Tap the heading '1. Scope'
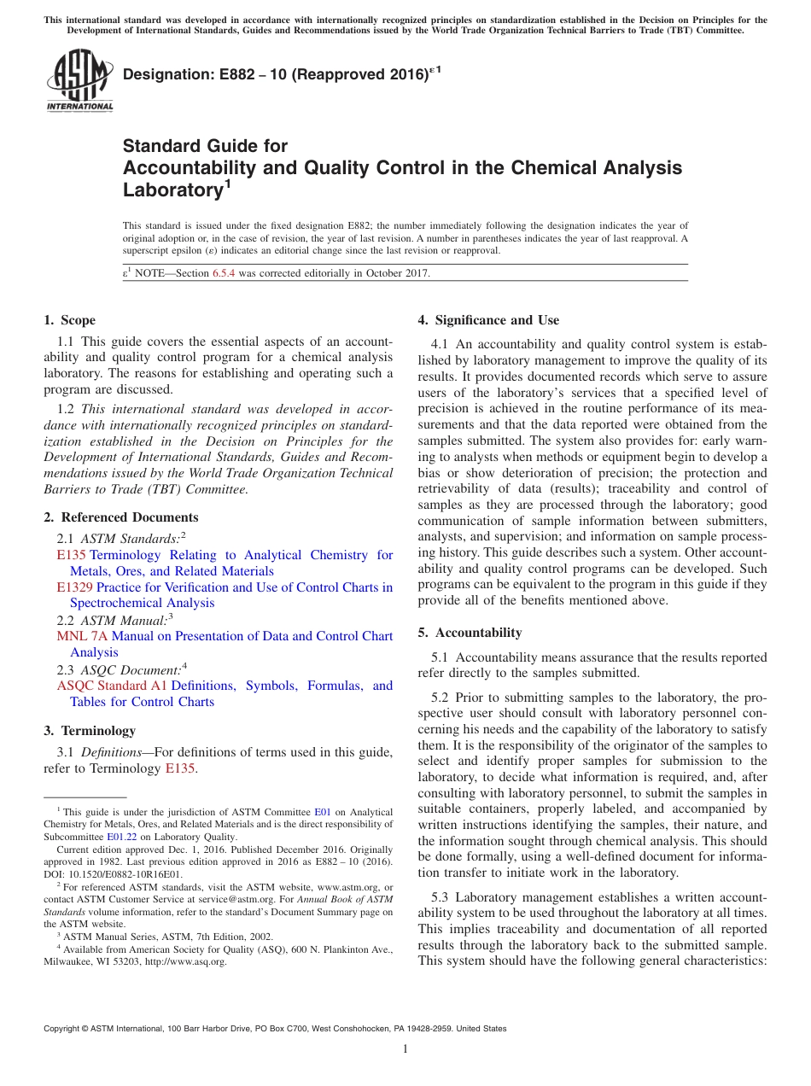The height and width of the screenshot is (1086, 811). pos(70,320)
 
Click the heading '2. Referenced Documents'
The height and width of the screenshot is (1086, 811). pos(121,517)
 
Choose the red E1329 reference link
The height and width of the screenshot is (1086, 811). pos(74,587)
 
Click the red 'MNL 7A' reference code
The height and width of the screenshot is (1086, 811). pos(82,636)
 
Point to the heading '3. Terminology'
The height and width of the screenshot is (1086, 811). pos(90,731)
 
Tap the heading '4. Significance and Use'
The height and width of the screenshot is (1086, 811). pos(488,320)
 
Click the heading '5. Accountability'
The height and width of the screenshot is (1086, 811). pos(470,633)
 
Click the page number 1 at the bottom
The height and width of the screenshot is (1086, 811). pos(405,1048)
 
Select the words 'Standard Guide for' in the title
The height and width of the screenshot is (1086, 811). pos(206,146)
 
